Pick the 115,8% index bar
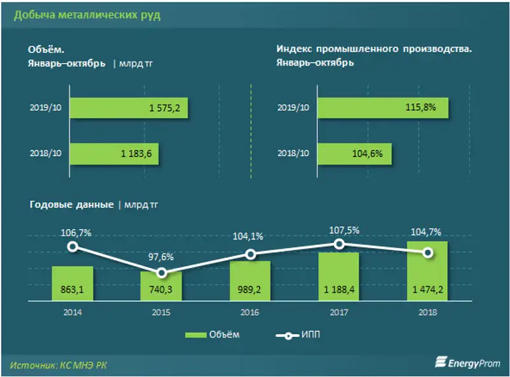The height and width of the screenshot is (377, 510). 382,108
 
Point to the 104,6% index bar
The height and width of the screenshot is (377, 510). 354,153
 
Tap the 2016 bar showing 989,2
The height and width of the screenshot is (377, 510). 251,281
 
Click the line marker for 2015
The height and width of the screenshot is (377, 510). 162,272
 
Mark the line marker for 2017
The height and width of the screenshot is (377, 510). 340,244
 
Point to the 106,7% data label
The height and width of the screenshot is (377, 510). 76,233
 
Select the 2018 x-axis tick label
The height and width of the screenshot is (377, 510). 428,313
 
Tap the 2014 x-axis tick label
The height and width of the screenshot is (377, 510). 73,313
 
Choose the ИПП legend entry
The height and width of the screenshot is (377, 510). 300,335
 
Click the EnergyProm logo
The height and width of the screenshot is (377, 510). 467,362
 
